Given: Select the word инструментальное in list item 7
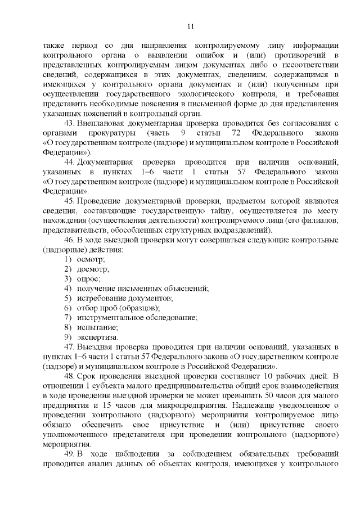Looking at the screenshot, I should tap(107, 318).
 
